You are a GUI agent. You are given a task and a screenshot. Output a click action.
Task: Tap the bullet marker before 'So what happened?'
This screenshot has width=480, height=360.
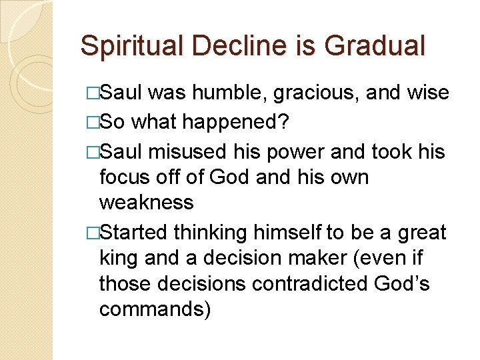(x=92, y=123)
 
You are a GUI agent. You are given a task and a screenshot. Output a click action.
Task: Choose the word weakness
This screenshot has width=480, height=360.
(x=146, y=202)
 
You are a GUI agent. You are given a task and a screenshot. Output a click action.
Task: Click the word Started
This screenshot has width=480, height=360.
(x=135, y=233)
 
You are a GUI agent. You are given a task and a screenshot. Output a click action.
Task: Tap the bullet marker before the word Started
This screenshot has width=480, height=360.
(x=92, y=233)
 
